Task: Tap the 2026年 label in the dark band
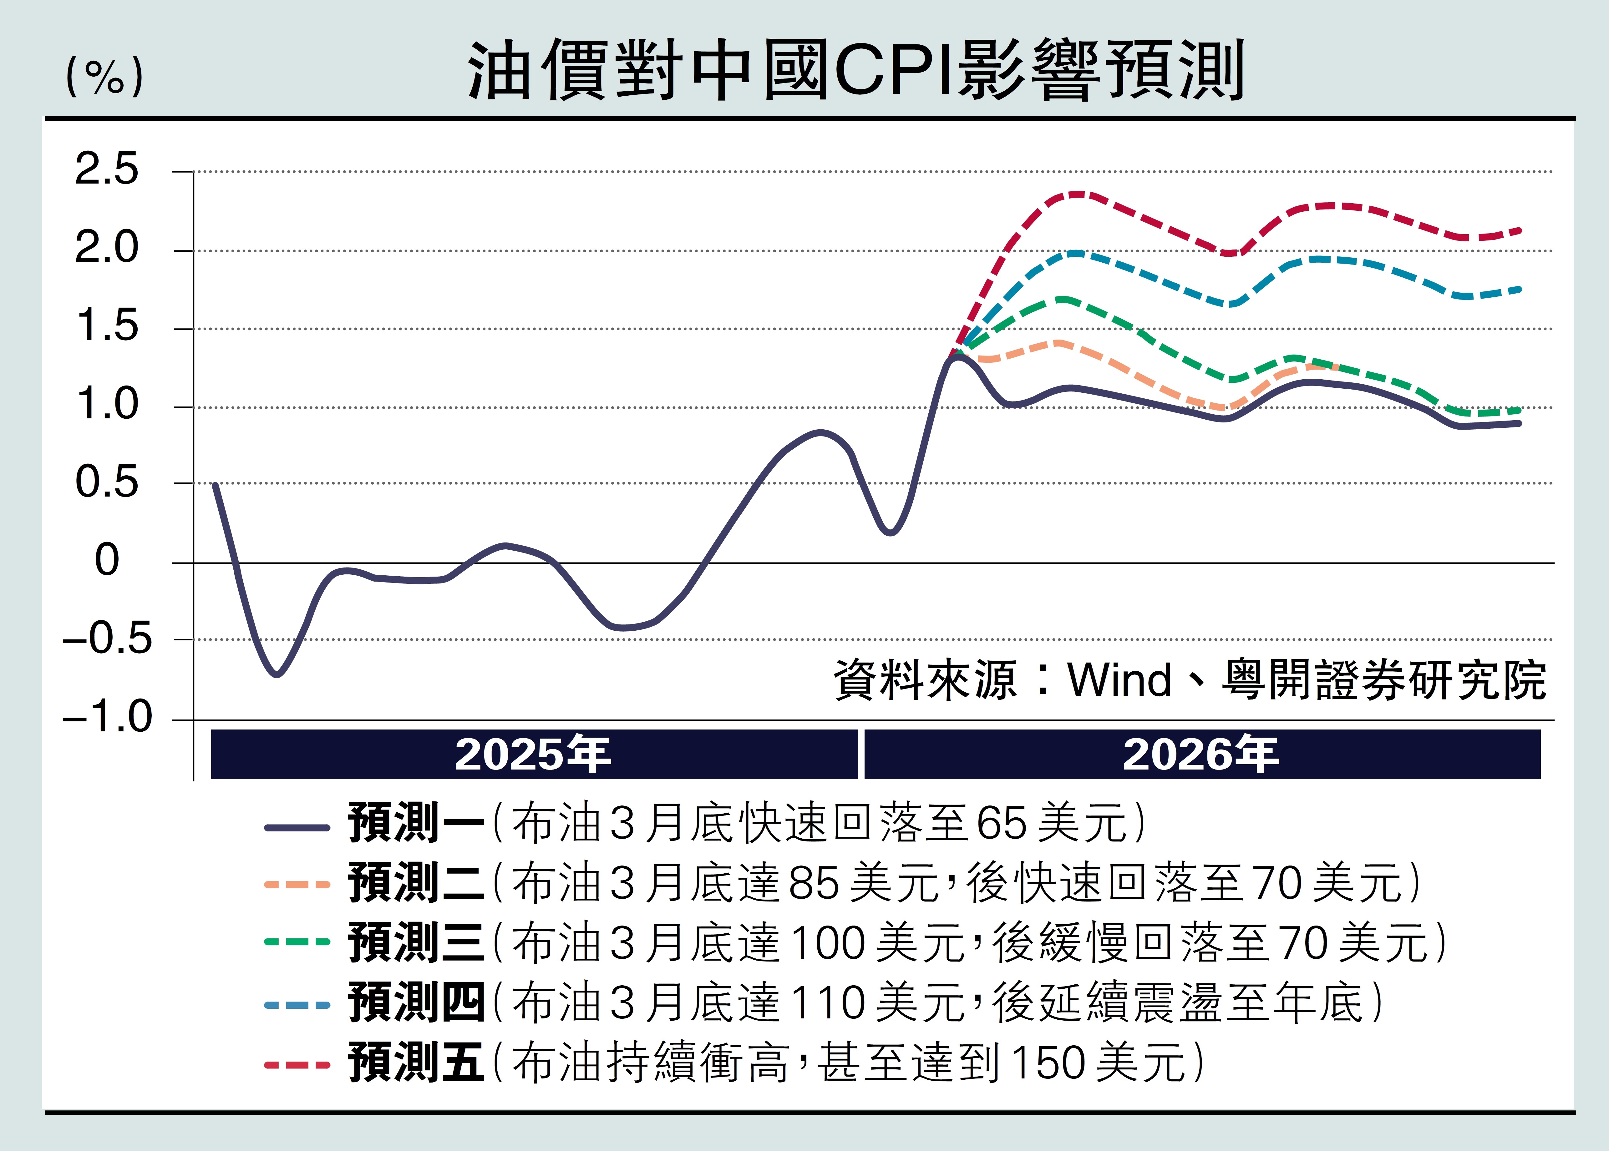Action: tap(1201, 755)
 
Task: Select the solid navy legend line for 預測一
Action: tap(297, 827)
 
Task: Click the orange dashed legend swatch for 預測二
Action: tap(297, 885)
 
